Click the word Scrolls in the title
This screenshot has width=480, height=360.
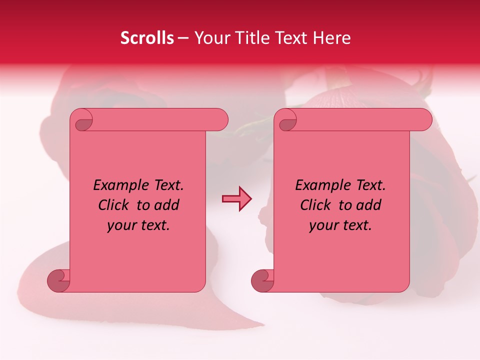point(147,38)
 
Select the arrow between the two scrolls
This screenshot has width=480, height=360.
point(236,199)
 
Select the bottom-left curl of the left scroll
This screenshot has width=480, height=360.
point(59,280)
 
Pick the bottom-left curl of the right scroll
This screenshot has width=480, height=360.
point(262,280)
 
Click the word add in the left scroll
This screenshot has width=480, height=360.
point(166,205)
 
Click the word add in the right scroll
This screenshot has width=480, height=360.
point(368,205)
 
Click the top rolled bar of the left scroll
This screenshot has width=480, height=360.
point(155,120)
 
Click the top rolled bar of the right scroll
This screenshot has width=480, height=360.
point(360,120)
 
